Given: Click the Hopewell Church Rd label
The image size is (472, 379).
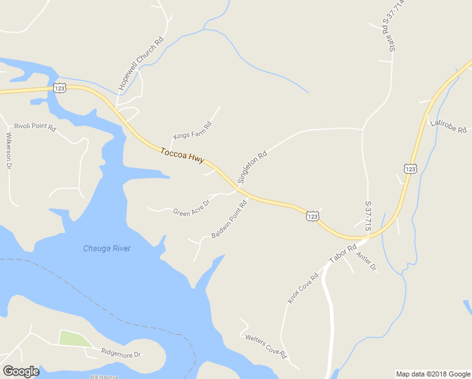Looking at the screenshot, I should coord(141,62).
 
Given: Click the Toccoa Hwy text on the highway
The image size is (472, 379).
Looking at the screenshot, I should coord(182,157).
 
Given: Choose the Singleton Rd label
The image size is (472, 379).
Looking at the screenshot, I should coord(252,167).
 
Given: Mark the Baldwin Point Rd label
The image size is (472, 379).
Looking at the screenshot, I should coord(229,219).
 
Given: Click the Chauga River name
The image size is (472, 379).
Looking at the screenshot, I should coord(107,248).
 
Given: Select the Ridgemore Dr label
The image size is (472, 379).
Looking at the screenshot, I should coord(121,354).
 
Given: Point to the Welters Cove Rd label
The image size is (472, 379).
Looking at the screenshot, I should coord(266,345).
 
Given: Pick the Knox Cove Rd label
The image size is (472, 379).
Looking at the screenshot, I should coord(304,287).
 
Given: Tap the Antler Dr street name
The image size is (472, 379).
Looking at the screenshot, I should coord(367,261).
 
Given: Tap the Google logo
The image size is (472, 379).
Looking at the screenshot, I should coord(21,371).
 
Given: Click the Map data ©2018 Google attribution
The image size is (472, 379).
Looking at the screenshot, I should coord(433,374).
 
